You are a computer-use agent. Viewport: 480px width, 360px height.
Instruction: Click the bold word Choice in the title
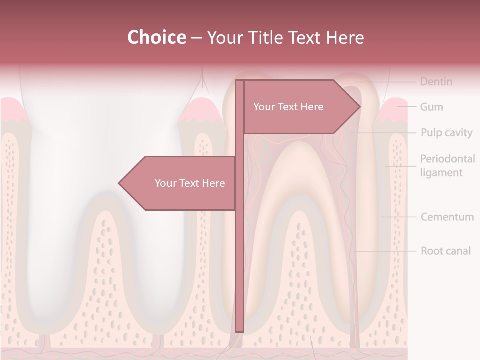156,37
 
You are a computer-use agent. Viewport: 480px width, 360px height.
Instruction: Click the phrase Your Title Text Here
285,37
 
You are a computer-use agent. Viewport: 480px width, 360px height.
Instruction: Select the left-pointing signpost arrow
177,183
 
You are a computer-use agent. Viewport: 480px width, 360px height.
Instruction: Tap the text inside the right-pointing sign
288,107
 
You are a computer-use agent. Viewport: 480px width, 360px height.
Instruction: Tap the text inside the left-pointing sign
190,183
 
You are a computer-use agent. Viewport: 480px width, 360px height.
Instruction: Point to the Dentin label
436,81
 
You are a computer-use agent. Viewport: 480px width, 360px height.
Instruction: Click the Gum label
431,107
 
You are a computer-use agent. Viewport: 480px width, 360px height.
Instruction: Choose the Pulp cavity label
446,133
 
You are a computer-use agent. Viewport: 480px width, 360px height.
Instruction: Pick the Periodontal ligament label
447,166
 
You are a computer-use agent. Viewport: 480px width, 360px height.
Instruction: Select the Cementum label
447,217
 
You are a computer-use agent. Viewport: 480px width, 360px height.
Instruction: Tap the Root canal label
445,251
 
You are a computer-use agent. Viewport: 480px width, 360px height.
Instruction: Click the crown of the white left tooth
105,125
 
